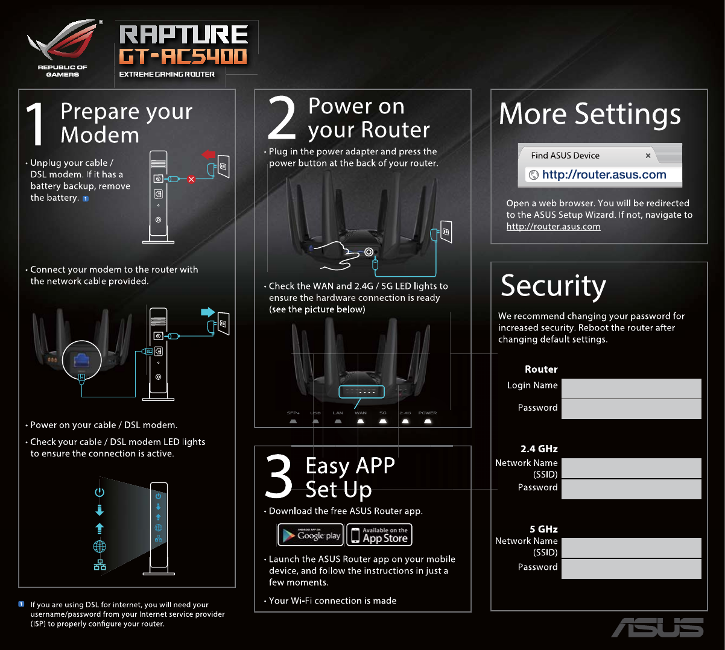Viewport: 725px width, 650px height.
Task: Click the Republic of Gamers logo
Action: (63, 48)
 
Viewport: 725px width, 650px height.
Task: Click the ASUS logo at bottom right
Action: (657, 627)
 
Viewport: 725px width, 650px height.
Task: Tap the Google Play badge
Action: (311, 535)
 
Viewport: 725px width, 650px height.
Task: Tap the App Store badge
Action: (380, 535)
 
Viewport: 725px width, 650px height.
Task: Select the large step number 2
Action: (282, 118)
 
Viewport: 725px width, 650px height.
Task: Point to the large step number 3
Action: (279, 478)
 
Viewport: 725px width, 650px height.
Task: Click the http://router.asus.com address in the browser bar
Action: (604, 175)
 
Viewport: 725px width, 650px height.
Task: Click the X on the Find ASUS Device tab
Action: (648, 156)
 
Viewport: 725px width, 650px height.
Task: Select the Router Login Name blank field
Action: (631, 388)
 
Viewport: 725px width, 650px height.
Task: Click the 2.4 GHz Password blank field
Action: (631, 489)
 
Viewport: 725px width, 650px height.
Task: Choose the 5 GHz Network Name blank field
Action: (631, 547)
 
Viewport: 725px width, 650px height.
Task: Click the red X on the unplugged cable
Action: (191, 179)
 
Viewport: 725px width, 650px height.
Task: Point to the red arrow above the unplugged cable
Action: (209, 156)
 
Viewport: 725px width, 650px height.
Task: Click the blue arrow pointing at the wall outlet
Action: (207, 312)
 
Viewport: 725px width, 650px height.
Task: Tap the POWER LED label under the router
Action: (428, 414)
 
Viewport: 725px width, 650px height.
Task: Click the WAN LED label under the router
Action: (361, 414)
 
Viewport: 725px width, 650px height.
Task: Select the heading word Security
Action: (553, 286)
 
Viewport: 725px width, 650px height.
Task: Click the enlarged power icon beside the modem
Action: (100, 492)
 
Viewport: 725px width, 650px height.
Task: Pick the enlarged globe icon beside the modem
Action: (100, 546)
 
